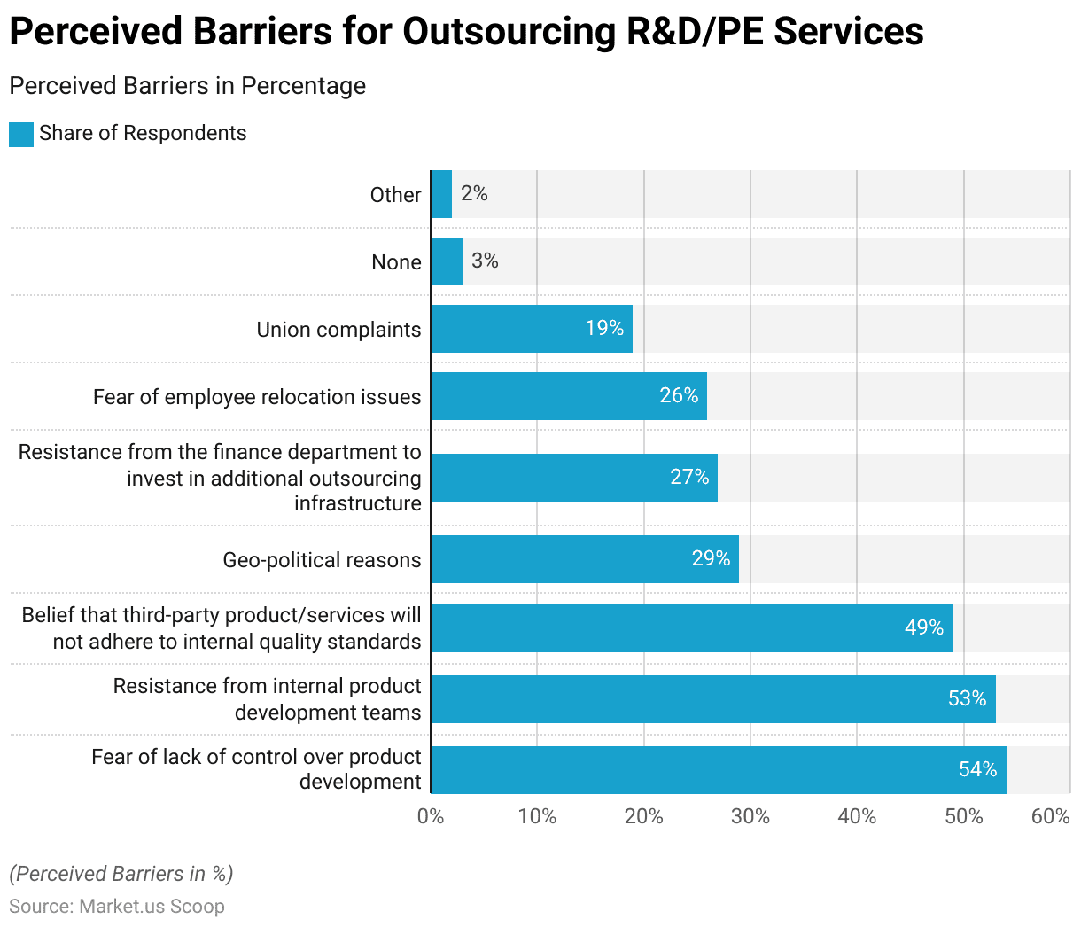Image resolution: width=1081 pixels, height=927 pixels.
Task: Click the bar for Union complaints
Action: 532,329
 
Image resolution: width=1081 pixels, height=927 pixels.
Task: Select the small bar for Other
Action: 441,194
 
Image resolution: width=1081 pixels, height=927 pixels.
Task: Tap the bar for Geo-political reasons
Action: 585,559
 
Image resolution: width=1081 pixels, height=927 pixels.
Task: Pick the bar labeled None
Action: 447,261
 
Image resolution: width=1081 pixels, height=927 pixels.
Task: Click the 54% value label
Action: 977,769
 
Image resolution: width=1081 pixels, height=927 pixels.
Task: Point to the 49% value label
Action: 923,627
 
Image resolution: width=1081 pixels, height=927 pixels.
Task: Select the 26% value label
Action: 679,395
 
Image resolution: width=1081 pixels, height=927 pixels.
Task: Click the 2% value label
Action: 474,193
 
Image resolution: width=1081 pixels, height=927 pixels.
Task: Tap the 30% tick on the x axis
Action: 750,816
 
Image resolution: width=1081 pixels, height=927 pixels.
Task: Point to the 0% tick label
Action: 431,816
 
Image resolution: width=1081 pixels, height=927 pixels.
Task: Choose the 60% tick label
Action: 1050,816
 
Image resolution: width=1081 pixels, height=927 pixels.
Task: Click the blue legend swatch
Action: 21,134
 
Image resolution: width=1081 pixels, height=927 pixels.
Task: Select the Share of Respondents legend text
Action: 143,133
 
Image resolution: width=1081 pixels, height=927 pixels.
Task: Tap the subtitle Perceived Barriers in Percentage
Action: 187,86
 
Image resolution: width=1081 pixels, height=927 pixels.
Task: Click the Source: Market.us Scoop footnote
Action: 117,906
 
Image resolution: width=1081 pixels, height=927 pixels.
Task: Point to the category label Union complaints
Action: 338,330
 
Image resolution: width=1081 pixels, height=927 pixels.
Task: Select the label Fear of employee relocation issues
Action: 257,397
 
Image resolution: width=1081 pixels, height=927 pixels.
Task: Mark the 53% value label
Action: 967,698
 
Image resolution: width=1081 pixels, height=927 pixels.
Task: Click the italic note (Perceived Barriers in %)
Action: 121,874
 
